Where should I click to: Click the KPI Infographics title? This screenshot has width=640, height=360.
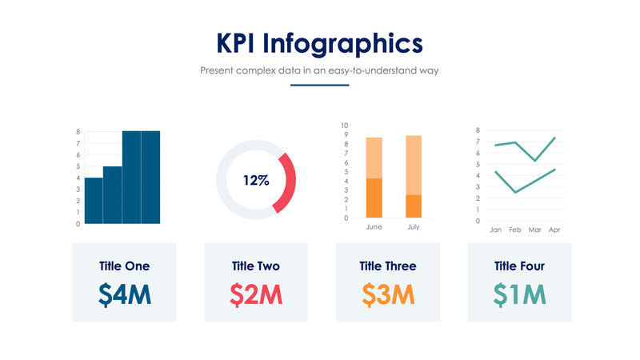point(320,42)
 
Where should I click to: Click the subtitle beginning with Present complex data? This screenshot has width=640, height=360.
point(320,70)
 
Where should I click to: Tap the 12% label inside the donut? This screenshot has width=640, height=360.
point(256,181)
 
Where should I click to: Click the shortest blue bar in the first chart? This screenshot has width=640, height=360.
point(94,201)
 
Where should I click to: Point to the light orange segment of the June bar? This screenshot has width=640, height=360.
point(374,158)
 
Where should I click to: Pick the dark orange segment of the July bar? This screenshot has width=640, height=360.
point(414,206)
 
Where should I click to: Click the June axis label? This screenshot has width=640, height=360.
point(374,227)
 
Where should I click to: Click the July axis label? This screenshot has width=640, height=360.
point(414,227)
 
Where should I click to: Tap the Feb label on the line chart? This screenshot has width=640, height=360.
point(515,230)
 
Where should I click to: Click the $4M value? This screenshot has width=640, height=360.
point(125,295)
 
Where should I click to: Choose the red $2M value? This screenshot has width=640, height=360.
point(256,295)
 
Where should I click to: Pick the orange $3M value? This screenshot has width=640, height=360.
point(388,295)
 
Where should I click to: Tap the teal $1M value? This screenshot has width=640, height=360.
point(519,295)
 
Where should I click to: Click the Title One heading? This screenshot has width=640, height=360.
point(125,266)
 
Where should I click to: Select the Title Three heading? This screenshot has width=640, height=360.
point(388,266)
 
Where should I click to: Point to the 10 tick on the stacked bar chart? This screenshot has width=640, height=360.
point(345,126)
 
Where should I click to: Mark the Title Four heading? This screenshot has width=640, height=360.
point(519,266)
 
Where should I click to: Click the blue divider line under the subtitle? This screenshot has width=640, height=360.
point(320,86)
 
